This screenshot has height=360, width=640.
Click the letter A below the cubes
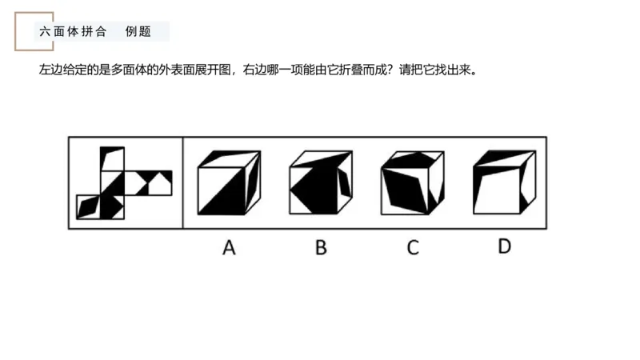point(229,248)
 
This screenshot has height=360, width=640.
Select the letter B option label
point(321,248)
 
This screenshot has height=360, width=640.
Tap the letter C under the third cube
point(412,248)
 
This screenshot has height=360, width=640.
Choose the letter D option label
point(503,246)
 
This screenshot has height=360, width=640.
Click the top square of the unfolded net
point(112,159)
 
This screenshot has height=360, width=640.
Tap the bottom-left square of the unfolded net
point(89,206)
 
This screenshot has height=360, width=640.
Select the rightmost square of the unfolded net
point(160,183)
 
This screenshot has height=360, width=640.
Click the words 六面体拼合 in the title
point(73,33)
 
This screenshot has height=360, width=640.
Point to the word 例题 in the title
point(138,33)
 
